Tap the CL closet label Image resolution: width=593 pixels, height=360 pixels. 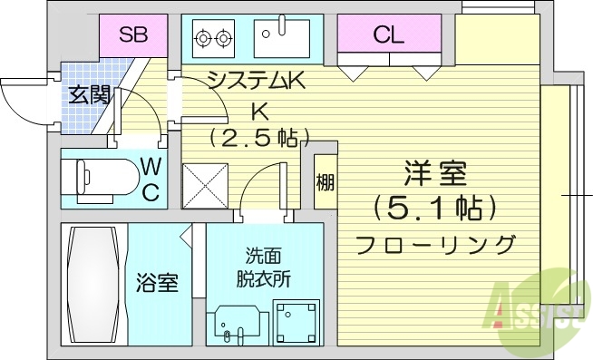[388, 35]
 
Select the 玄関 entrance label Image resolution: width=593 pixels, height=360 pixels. [88, 92]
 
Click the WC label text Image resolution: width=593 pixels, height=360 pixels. [151, 179]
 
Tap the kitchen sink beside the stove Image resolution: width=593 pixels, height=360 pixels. [282, 38]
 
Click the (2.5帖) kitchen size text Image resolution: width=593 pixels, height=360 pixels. [260, 138]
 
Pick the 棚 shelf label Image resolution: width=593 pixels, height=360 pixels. [325, 182]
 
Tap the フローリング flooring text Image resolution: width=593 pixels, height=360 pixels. [436, 245]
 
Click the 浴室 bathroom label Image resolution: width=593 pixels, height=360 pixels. [157, 283]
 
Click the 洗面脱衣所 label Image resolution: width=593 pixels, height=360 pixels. [264, 268]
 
